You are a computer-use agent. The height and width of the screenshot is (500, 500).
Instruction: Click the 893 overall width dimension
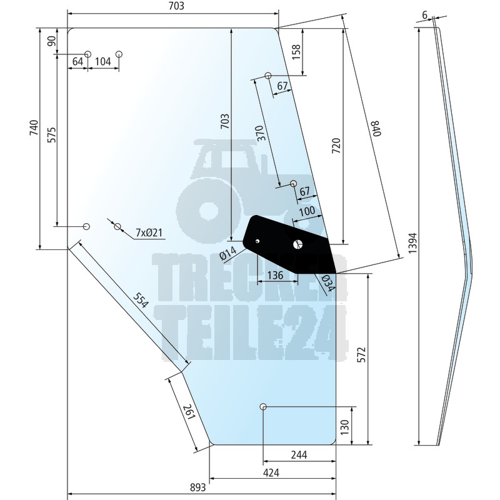tap(197, 488)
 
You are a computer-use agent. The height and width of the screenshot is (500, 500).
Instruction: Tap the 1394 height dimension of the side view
tap(412, 243)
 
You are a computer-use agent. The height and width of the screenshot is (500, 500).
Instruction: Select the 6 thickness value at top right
tap(424, 15)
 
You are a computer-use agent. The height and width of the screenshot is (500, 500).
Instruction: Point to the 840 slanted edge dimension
tap(376, 128)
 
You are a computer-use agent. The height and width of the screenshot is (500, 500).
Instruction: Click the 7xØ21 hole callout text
tap(149, 232)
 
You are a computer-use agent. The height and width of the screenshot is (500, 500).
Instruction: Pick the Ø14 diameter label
tap(228, 253)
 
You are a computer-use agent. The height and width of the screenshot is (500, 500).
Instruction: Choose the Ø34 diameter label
tap(328, 284)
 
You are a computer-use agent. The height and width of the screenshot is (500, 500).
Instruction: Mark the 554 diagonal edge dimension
tap(141, 301)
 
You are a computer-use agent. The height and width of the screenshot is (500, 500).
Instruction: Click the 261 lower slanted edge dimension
tap(189, 412)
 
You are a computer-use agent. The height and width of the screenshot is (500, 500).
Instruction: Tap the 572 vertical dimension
tap(361, 354)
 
